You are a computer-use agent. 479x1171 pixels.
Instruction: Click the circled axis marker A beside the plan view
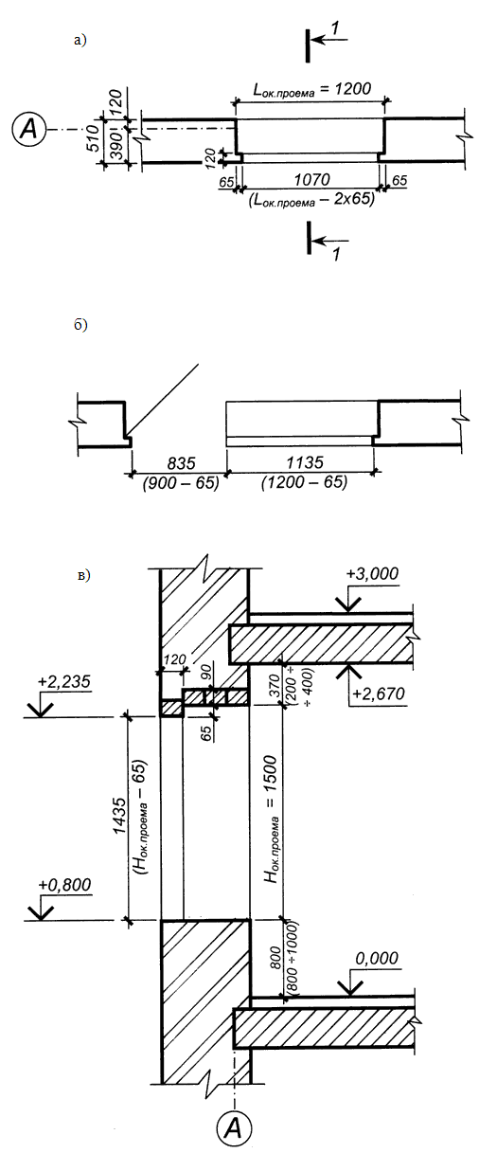click(x=28, y=128)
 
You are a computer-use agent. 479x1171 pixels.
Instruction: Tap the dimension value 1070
click(x=311, y=180)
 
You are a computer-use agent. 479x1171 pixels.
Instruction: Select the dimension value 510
click(x=93, y=137)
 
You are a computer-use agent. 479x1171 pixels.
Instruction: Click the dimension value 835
click(x=181, y=463)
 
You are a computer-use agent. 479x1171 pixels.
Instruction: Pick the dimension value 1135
click(x=305, y=462)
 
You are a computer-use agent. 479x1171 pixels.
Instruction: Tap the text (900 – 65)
click(x=181, y=482)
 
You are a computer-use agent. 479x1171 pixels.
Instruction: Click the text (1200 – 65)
click(x=305, y=482)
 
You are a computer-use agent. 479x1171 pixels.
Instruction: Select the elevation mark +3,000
click(x=372, y=573)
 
